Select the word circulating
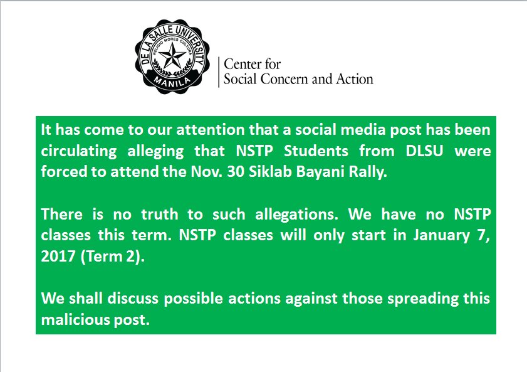coord(80,152)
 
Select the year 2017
coord(57,256)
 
